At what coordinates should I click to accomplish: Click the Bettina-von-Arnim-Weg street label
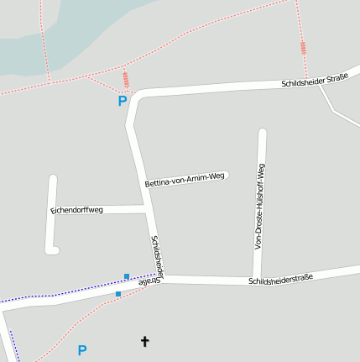[185, 179]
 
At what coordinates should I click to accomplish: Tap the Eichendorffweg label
[76, 209]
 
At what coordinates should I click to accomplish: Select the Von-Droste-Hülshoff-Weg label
[260, 207]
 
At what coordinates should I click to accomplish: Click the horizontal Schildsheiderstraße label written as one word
[280, 279]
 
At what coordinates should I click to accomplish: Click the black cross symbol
[144, 341]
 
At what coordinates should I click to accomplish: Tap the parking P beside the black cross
[81, 350]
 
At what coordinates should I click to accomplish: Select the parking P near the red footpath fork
[122, 102]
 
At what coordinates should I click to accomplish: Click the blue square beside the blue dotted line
[127, 276]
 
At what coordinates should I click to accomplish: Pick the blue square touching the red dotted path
[118, 294]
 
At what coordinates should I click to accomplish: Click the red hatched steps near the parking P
[126, 80]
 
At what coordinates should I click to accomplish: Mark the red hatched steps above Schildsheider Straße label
[304, 48]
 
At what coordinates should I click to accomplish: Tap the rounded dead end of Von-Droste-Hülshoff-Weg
[262, 133]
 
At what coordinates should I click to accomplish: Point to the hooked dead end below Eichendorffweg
[55, 249]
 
